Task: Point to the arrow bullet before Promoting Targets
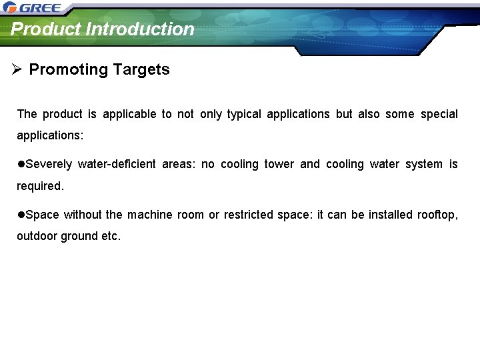17,69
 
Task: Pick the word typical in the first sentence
243,114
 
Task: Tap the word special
439,114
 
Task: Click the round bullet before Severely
21,164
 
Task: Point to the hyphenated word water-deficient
117,164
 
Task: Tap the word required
40,187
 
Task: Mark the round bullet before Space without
21,215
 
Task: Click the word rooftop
437,215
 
